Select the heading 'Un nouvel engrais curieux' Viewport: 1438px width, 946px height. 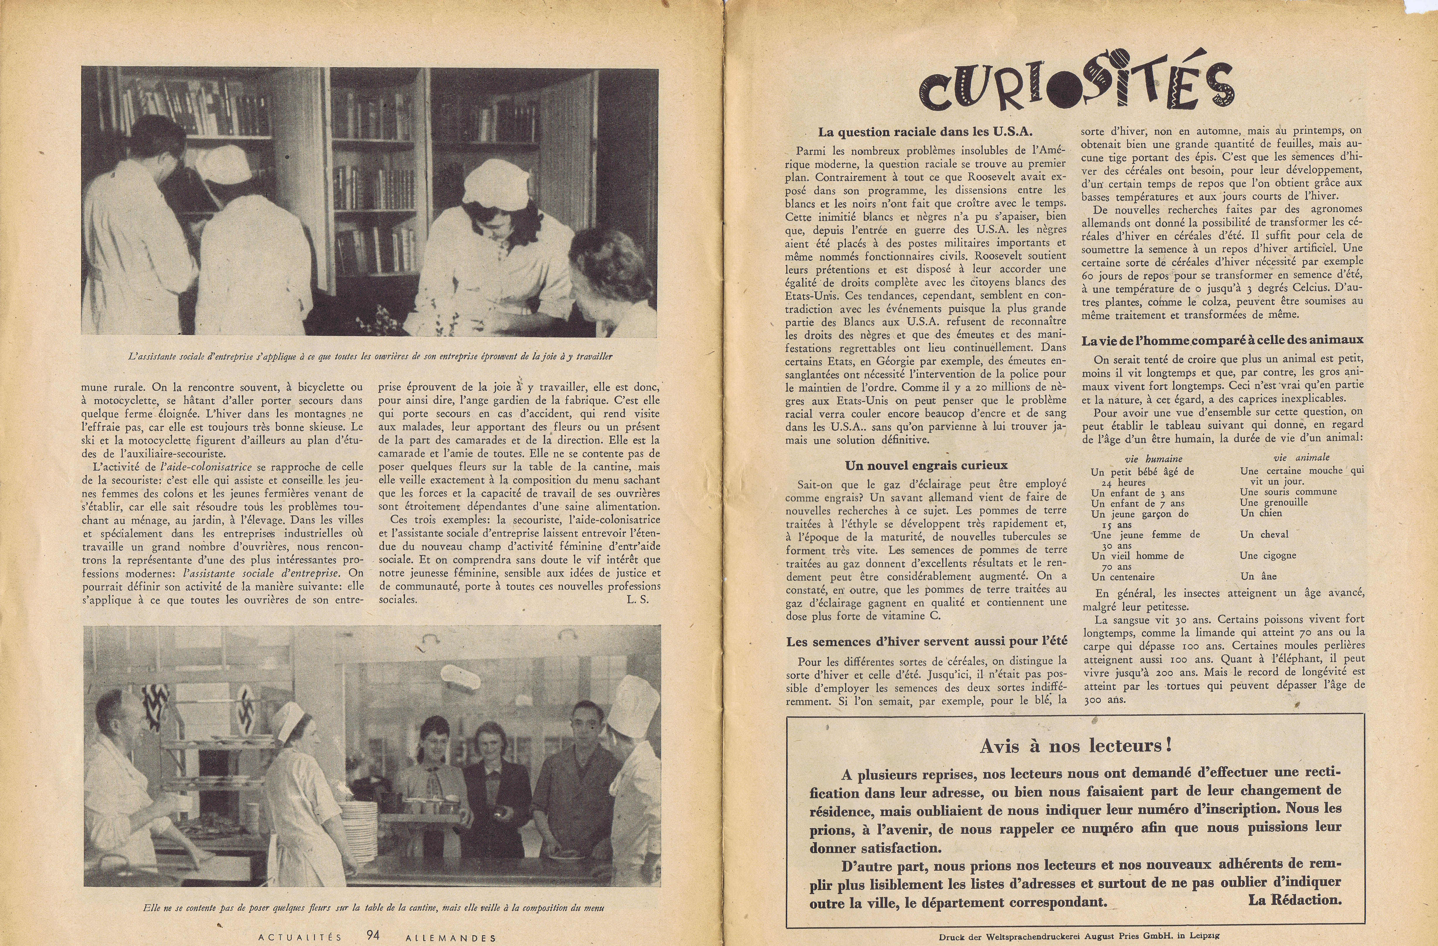pos(926,466)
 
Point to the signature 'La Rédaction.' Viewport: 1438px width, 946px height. pos(1294,900)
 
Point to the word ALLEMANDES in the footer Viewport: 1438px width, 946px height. pos(451,938)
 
